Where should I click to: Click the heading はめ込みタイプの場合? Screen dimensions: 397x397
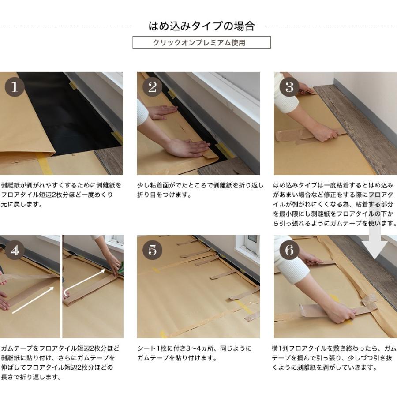201,26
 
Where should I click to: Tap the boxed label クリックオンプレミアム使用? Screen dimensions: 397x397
202,42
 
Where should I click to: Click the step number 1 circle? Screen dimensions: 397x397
15,87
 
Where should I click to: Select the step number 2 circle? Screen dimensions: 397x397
152,87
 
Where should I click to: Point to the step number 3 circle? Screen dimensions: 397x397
289,87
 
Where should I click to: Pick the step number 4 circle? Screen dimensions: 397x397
15,250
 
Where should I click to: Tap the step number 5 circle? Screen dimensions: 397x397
152,250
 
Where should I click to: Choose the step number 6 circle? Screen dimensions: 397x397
289,250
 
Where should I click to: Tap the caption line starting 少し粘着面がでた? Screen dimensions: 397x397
200,185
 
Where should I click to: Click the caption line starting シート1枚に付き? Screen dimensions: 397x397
194,348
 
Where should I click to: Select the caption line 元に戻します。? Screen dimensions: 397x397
22,204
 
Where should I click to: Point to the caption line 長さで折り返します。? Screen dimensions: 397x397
31,377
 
